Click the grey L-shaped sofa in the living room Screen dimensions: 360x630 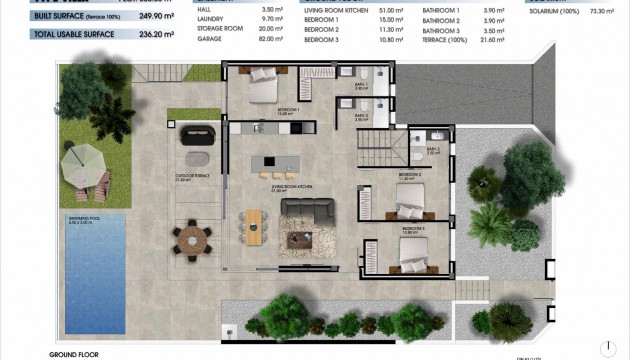pyautogui.click(x=307, y=213)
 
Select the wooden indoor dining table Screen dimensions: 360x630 pyautogui.click(x=254, y=226)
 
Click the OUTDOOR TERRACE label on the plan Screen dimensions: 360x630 pyautogui.click(x=190, y=178)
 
